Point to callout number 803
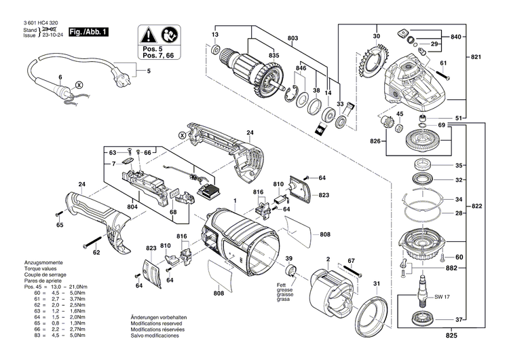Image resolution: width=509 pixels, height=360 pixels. coord(293,39)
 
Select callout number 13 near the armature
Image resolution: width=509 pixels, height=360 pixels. coord(215,34)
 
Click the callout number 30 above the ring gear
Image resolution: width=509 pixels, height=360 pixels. coord(375,35)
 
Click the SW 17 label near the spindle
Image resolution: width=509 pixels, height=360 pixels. coord(442,297)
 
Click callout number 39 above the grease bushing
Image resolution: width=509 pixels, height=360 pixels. coord(288,259)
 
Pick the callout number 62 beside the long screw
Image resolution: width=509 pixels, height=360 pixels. coord(96,252)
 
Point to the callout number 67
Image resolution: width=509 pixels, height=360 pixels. coord(350,260)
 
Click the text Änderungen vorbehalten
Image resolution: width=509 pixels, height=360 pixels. coord(159,318)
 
